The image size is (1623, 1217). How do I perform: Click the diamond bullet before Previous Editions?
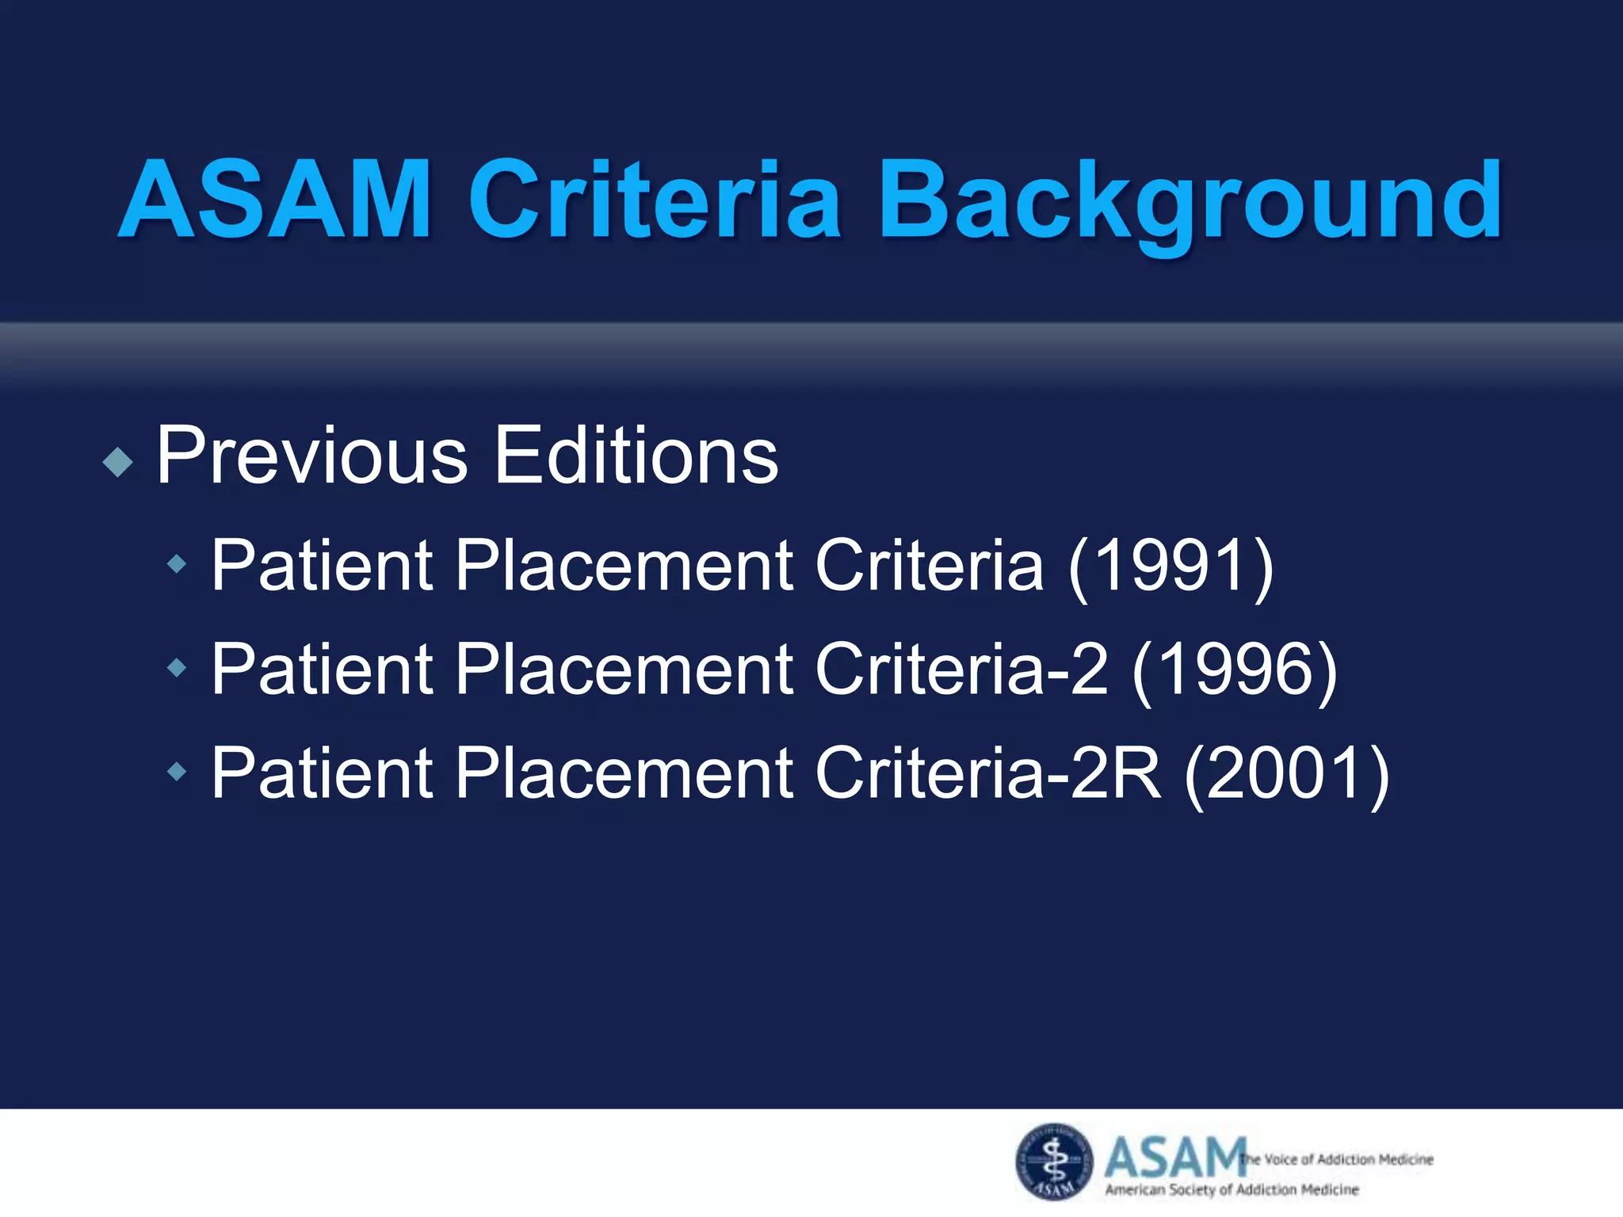(x=118, y=462)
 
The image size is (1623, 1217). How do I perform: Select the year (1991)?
(x=1170, y=565)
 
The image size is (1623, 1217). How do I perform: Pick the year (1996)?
(x=1235, y=670)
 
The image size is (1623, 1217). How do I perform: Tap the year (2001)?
(x=1286, y=773)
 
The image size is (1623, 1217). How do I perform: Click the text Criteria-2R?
(x=987, y=773)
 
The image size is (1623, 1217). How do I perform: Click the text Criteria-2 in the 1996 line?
(x=961, y=670)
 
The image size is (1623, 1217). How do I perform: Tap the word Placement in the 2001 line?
(x=624, y=773)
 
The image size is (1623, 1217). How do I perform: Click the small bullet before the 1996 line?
(x=178, y=668)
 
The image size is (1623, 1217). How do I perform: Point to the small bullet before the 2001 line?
(x=178, y=771)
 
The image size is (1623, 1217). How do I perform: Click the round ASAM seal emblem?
(x=1054, y=1161)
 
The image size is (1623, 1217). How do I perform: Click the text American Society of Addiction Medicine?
(x=1232, y=1189)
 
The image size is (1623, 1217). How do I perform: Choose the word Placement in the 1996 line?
(x=624, y=670)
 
